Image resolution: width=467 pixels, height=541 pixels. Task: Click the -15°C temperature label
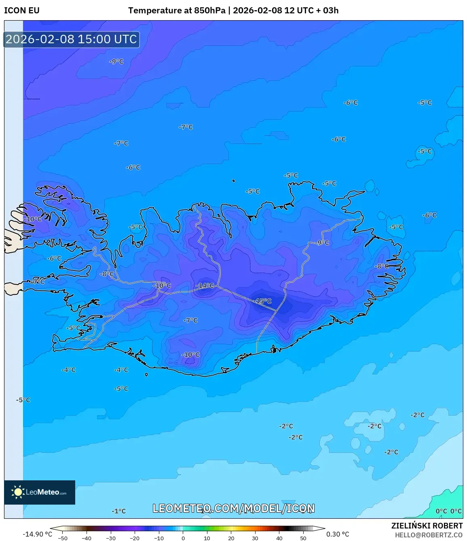point(263,301)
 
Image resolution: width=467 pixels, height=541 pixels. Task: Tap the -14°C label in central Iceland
point(205,286)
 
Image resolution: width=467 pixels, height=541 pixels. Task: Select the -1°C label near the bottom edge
point(119,511)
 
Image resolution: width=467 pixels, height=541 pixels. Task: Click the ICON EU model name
point(22,11)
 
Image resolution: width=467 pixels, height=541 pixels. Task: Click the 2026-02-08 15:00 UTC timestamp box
point(72,39)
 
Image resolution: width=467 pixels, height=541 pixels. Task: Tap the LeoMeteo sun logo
point(18,492)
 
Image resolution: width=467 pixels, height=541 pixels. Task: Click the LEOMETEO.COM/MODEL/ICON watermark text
point(233,508)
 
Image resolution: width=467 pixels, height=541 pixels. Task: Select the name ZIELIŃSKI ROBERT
point(427,526)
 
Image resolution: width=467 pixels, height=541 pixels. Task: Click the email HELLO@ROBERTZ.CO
point(429,535)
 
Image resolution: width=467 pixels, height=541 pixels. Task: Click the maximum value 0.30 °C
point(338,534)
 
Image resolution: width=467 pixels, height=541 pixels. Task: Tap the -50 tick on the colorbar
point(63,538)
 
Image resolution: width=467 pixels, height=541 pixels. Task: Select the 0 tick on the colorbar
point(183,538)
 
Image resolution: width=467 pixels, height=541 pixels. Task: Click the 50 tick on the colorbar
point(303,538)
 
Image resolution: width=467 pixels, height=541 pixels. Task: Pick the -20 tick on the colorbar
point(135,538)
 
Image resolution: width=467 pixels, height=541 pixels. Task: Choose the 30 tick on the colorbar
point(255,538)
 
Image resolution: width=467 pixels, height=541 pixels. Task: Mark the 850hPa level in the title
point(209,11)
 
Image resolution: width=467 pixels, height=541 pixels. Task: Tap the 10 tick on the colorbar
point(207,538)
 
